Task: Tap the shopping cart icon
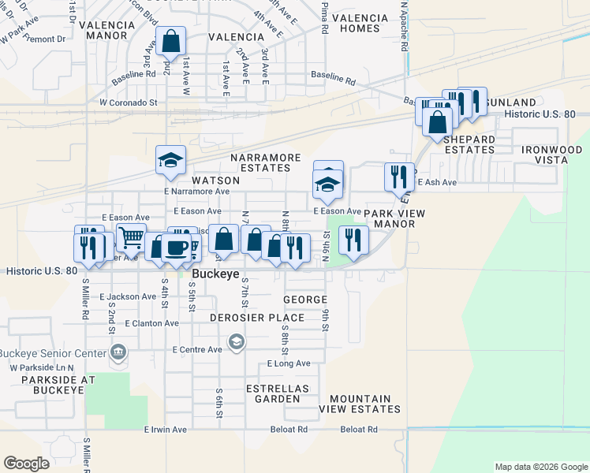tap(131, 236)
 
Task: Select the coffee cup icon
tap(176, 247)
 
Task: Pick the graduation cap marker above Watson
tap(170, 161)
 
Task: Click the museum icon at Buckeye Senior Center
tap(118, 351)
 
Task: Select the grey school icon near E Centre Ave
tap(236, 341)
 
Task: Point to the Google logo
tap(26, 464)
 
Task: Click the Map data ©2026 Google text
tap(540, 467)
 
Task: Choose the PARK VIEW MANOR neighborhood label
tap(394, 218)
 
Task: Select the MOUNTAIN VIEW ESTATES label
tap(364, 404)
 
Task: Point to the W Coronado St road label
tap(129, 102)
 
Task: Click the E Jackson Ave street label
tap(128, 296)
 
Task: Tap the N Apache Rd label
tap(404, 25)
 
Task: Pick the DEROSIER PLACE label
tap(257, 318)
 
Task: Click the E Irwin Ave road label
tap(165, 430)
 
